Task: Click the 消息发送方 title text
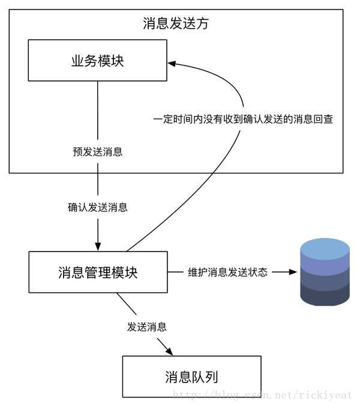tap(176, 23)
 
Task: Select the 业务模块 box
tap(98, 61)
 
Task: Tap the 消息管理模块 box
tap(98, 272)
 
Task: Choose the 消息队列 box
tap(191, 376)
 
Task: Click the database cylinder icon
tap(325, 272)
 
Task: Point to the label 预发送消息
tap(97, 152)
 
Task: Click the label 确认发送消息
tap(97, 208)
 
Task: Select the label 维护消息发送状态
tap(227, 272)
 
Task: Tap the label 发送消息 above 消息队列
tap(146, 327)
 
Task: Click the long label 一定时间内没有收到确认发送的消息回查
tap(242, 119)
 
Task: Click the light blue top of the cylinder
tap(325, 247)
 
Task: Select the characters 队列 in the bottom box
tap(205, 376)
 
